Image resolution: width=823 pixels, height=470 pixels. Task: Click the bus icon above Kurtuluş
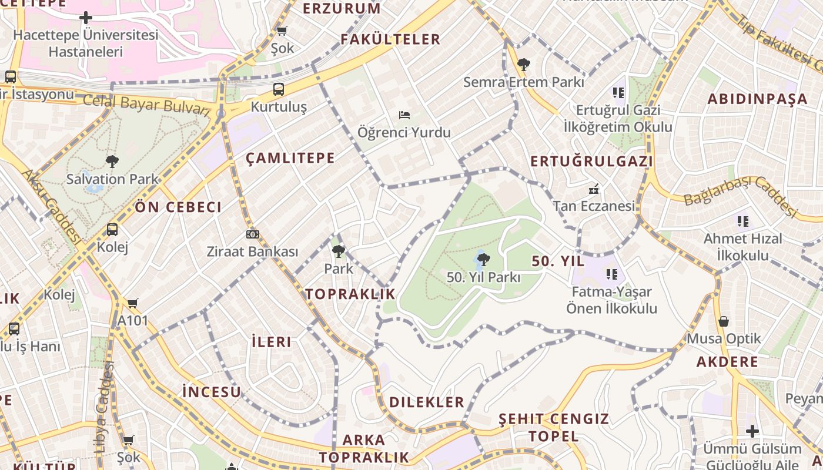[279, 89]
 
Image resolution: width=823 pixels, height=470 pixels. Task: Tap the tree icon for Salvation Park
[112, 161]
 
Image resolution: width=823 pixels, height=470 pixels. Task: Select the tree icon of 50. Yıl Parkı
[483, 259]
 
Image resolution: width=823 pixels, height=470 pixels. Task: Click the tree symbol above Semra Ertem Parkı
[523, 64]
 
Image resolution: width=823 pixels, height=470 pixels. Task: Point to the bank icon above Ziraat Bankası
[253, 234]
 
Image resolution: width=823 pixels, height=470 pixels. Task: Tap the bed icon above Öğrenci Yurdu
[404, 115]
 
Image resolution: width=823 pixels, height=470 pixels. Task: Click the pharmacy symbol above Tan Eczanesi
[594, 189]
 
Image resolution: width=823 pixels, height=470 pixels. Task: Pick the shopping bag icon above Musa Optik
[724, 321]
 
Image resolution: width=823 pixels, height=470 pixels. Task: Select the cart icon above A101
[133, 303]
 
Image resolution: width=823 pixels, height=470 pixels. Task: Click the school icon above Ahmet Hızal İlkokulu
[743, 221]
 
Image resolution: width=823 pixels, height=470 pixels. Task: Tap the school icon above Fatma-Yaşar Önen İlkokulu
[612, 274]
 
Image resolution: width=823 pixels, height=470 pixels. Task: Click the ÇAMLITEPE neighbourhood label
[290, 157]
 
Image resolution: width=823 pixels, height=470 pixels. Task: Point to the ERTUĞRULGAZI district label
[591, 162]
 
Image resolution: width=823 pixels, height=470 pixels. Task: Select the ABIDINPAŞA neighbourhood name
[757, 99]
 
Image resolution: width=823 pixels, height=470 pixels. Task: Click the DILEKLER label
[427, 402]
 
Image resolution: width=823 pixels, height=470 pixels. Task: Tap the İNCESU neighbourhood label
[212, 391]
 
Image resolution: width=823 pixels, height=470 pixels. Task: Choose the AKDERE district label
[727, 361]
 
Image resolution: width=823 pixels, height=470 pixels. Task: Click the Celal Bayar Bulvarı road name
[146, 105]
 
